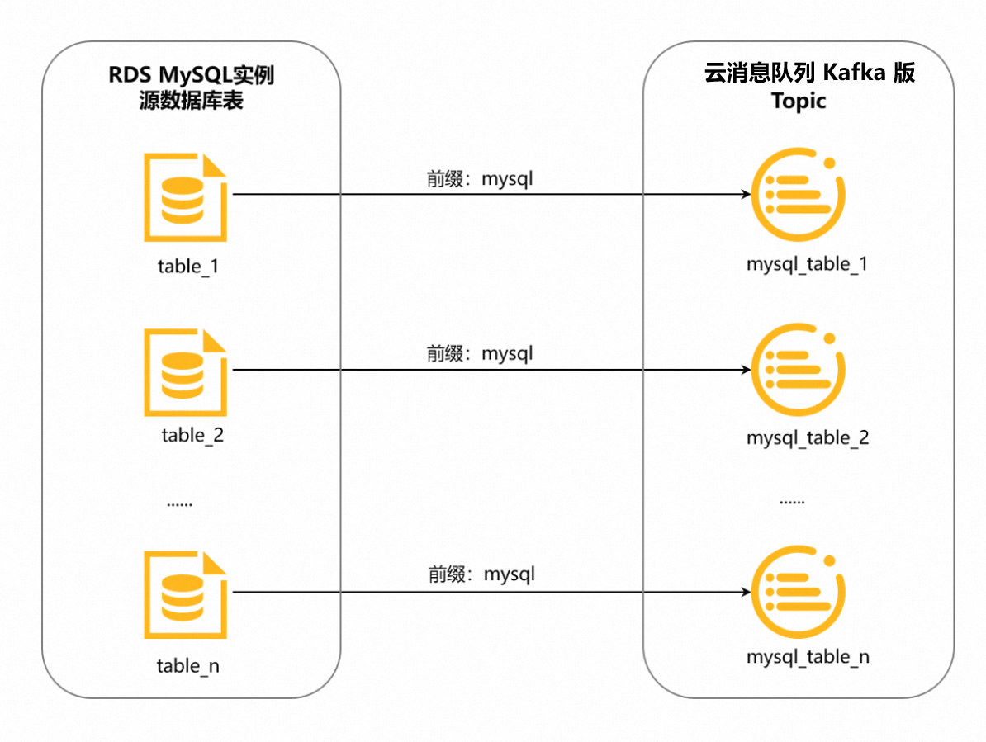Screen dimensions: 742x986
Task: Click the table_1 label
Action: click(188, 266)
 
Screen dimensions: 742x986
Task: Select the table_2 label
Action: click(192, 435)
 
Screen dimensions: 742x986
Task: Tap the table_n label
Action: click(188, 665)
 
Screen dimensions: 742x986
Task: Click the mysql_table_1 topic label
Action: click(807, 264)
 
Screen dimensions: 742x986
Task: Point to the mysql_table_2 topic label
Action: click(808, 437)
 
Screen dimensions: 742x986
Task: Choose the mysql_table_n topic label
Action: click(808, 657)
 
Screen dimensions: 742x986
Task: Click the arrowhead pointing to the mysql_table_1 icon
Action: click(745, 195)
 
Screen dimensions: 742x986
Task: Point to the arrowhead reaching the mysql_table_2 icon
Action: click(745, 370)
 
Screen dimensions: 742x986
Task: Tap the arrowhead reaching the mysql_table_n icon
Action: click(745, 592)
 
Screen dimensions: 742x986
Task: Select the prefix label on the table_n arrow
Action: click(481, 574)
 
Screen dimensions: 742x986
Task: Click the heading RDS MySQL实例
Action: click(191, 77)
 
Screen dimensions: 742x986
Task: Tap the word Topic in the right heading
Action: click(799, 102)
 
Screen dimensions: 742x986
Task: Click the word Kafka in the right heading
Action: click(855, 73)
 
